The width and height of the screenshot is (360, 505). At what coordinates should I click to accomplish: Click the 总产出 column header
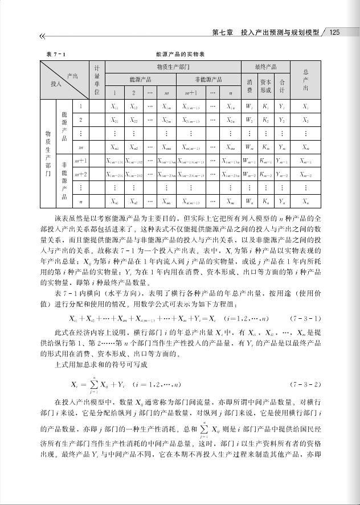[306, 80]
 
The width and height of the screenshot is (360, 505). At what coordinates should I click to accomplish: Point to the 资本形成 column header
[265, 86]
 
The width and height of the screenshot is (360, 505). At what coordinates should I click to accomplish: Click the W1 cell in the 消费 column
[249, 106]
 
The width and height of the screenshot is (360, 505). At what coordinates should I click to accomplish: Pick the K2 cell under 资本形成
[265, 121]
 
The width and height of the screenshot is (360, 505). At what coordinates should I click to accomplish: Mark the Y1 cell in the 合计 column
[281, 106]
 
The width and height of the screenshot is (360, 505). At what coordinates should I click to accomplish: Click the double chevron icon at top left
[42, 37]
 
